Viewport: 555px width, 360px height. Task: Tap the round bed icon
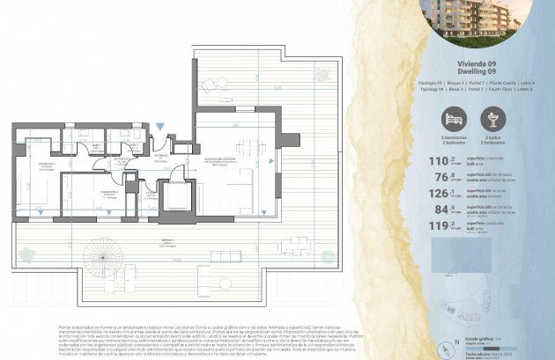453,119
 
